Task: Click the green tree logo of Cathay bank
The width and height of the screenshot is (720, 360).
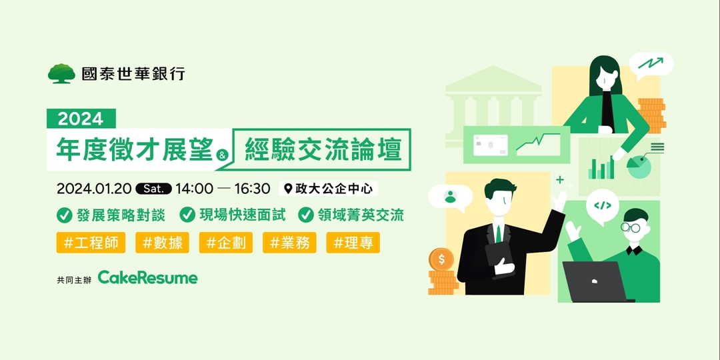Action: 61,73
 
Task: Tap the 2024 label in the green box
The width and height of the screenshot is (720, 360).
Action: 81,119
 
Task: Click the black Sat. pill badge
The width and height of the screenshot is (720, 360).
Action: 154,189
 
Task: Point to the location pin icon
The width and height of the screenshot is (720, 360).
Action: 288,189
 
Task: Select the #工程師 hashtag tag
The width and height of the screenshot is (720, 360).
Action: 91,243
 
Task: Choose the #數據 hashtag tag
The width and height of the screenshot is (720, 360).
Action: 162,243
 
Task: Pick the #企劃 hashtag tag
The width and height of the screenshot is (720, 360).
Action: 226,243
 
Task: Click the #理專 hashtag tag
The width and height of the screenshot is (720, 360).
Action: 353,243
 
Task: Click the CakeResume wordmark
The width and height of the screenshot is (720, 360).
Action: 148,277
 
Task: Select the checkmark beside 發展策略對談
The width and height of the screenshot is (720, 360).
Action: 65,215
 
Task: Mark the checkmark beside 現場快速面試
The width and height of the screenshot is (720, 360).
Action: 188,215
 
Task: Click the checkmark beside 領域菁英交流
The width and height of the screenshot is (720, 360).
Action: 306,215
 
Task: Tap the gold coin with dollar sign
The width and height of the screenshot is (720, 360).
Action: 441,259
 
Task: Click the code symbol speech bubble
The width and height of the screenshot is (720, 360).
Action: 602,205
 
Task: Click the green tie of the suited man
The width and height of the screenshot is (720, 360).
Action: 497,233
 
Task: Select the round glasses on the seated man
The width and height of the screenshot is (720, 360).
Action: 631,227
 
